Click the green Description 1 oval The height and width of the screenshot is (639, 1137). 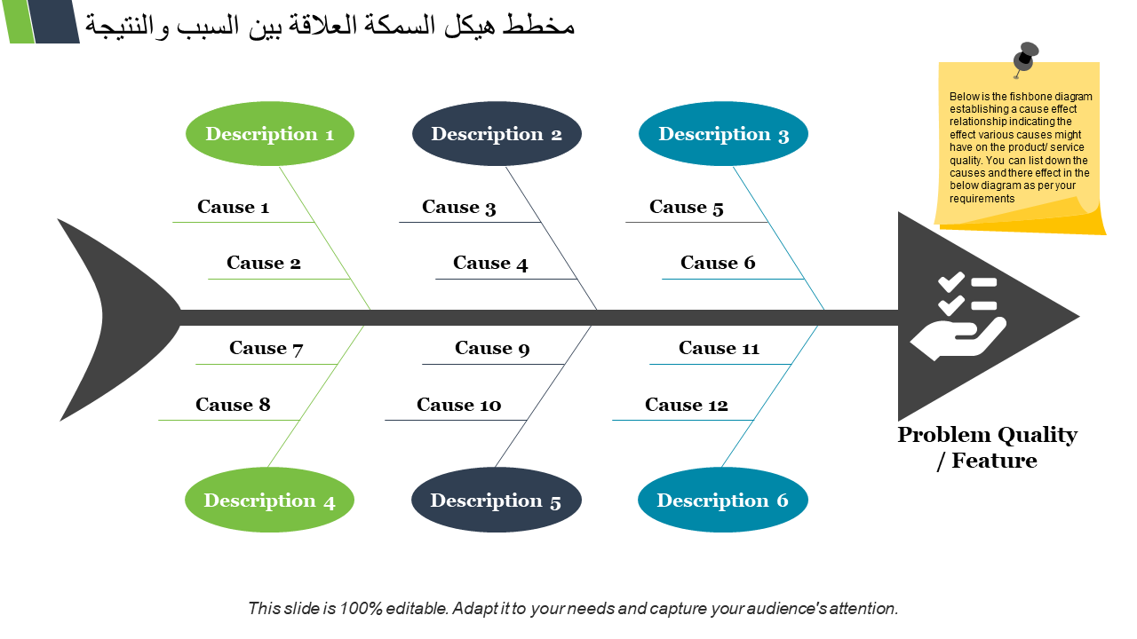(x=269, y=134)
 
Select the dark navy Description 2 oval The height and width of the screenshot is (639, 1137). (x=497, y=134)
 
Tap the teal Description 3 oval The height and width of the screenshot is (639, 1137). (x=723, y=134)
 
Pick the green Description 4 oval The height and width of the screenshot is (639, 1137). (x=269, y=500)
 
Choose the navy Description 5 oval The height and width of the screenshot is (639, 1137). (x=497, y=500)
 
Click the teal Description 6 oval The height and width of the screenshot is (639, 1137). (x=723, y=500)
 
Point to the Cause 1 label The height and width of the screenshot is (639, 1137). (x=233, y=207)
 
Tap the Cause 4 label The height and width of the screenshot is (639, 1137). (x=490, y=264)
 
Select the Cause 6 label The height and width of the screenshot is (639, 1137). (x=718, y=263)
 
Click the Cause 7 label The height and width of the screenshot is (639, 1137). (x=266, y=349)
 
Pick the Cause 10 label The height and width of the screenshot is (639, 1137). (x=459, y=405)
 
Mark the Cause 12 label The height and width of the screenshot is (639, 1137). (x=687, y=405)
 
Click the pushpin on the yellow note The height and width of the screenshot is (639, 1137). (x=1025, y=59)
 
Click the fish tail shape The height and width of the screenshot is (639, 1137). (x=120, y=319)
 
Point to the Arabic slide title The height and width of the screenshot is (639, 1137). (x=330, y=26)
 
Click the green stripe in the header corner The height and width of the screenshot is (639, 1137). (x=19, y=21)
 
